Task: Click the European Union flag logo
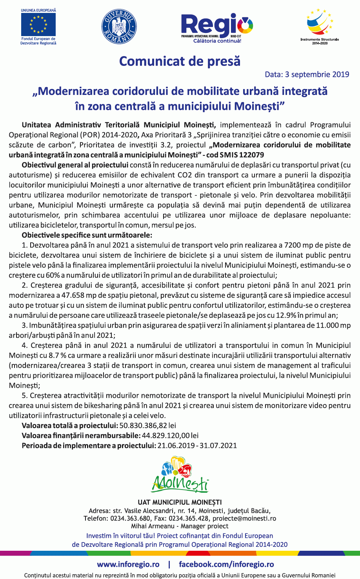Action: (x=38, y=24)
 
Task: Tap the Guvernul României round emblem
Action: (x=119, y=27)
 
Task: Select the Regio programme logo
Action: (x=217, y=27)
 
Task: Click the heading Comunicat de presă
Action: (x=180, y=61)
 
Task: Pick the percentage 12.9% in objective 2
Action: (x=287, y=315)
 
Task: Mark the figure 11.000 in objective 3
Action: (x=327, y=325)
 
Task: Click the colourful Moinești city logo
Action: (x=180, y=475)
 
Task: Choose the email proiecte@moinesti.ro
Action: (x=244, y=518)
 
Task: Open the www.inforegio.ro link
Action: (x=128, y=564)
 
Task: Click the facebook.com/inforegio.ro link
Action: (x=226, y=564)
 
